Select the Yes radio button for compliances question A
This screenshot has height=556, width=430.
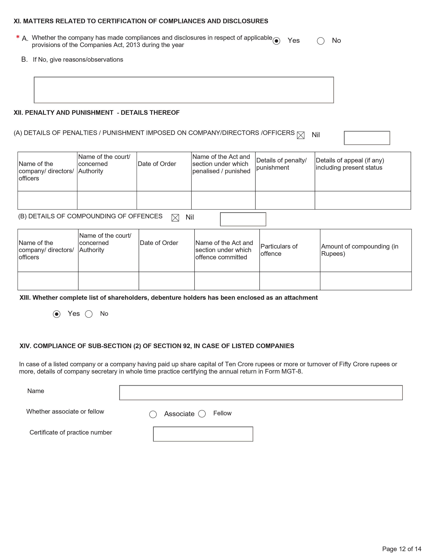[x=276, y=41]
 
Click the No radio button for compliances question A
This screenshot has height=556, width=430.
[x=320, y=41]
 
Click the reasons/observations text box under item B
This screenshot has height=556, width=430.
[x=184, y=90]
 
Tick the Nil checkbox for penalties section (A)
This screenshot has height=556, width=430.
[x=301, y=135]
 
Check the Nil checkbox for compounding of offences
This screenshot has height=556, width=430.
[x=175, y=218]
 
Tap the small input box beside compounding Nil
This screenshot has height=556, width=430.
[x=243, y=219]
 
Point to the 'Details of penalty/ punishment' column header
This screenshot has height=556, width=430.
[x=281, y=164]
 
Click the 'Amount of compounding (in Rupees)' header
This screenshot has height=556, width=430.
[x=360, y=250]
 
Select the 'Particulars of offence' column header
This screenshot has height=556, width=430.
[x=279, y=250]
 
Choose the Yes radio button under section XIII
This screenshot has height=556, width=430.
[x=56, y=314]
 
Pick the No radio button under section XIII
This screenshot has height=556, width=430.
[x=89, y=314]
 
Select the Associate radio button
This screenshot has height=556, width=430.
[x=153, y=414]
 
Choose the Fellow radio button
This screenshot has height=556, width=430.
[x=202, y=414]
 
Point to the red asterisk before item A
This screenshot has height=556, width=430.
[x=18, y=37]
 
